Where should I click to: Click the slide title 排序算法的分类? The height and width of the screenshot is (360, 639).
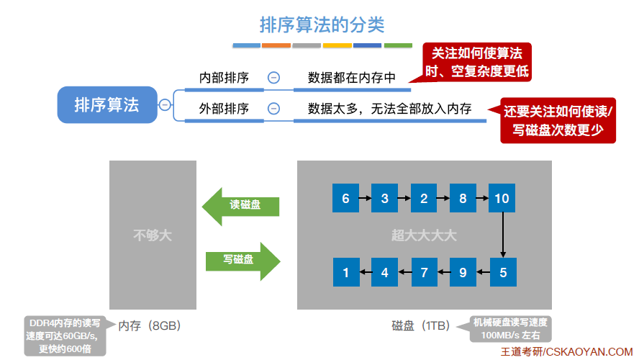coord(322,25)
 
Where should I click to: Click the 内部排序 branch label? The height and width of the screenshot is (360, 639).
coord(224,78)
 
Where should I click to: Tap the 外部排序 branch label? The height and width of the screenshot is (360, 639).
coord(224,109)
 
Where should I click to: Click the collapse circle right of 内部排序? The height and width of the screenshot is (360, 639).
coord(273,78)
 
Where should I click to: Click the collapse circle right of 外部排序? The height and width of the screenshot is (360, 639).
coord(273,109)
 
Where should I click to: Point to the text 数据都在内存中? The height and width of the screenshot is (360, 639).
coord(352,78)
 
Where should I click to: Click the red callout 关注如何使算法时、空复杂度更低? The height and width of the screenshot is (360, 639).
coord(476,62)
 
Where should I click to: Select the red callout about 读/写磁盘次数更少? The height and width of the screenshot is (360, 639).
coord(558,120)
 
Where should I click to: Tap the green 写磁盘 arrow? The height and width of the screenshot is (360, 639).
coord(242,260)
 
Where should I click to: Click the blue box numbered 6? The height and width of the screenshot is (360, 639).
coord(345,198)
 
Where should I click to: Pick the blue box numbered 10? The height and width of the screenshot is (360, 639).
coord(502,198)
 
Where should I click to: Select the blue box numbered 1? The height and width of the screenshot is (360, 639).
coord(345,272)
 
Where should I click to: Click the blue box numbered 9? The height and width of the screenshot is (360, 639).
coord(463,272)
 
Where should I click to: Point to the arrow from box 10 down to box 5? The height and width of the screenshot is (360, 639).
coord(502,235)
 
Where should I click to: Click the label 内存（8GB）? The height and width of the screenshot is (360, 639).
coord(149,325)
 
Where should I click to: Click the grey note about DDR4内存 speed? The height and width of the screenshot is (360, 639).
coord(65,336)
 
